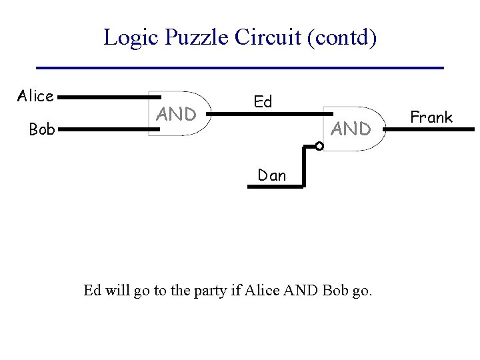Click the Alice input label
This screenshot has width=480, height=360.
35,96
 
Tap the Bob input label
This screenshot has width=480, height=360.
42,129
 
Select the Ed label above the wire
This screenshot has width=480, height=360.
263,102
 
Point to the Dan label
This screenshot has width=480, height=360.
272,175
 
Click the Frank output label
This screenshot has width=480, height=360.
431,117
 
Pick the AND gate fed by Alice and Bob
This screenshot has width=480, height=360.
177,114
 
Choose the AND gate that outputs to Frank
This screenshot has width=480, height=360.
350,129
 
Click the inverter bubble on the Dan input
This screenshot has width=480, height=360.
319,145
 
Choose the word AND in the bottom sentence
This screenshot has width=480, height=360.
300,291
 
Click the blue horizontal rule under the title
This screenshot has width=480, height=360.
240,68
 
